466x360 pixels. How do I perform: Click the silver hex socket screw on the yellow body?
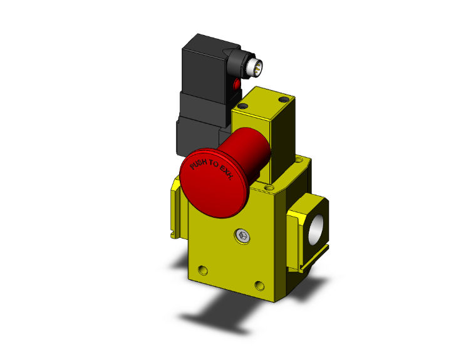[243, 236]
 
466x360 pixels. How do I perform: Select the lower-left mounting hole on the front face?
[201, 271]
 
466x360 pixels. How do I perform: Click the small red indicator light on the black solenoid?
[237, 84]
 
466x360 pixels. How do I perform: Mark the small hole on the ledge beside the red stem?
[270, 187]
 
